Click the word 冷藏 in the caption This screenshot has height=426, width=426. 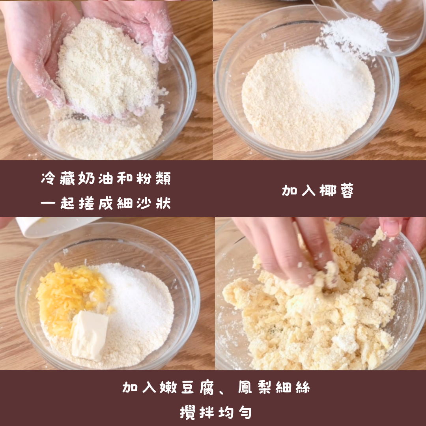pyautogui.click(x=58, y=178)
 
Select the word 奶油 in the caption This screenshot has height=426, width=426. pyautogui.click(x=95, y=178)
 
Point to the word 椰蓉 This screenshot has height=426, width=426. pyautogui.click(x=336, y=191)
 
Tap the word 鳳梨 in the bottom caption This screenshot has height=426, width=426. pyautogui.click(x=254, y=387)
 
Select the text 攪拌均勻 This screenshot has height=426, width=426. pyautogui.click(x=216, y=413)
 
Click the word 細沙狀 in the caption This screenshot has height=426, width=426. pyautogui.click(x=144, y=203)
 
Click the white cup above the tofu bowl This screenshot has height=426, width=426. pyautogui.click(x=54, y=226)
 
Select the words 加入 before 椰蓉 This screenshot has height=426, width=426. pyautogui.click(x=298, y=191)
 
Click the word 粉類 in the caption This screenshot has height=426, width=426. pyautogui.click(x=153, y=178)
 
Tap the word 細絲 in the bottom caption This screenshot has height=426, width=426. pyautogui.click(x=293, y=387)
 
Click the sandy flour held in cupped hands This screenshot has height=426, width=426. pyautogui.click(x=106, y=68)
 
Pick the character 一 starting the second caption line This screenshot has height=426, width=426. pyautogui.click(x=48, y=203)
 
